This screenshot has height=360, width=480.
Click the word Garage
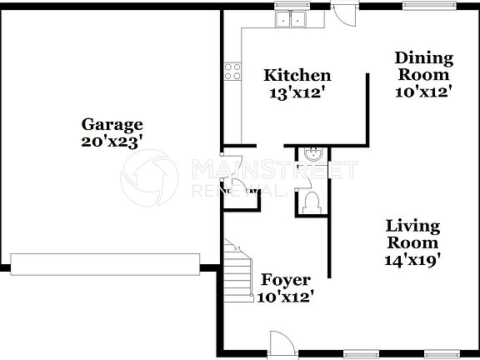click(112, 125)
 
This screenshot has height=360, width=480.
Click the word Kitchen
click(297, 76)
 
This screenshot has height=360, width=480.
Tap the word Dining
click(424, 58)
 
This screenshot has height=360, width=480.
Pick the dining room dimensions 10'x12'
click(424, 92)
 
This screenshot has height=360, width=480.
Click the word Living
click(412, 226)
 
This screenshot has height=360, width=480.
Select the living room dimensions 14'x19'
click(412, 260)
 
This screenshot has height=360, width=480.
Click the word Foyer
click(286, 279)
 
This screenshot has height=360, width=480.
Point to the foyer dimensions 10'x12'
click(286, 296)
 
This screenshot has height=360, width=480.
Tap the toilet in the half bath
click(312, 202)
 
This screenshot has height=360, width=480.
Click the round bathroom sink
click(314, 154)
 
